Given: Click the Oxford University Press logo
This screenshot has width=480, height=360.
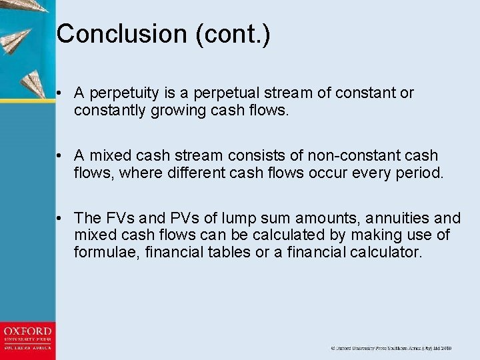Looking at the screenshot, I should click(27, 338).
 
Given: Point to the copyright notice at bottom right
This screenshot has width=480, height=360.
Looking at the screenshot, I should click(391, 348).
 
